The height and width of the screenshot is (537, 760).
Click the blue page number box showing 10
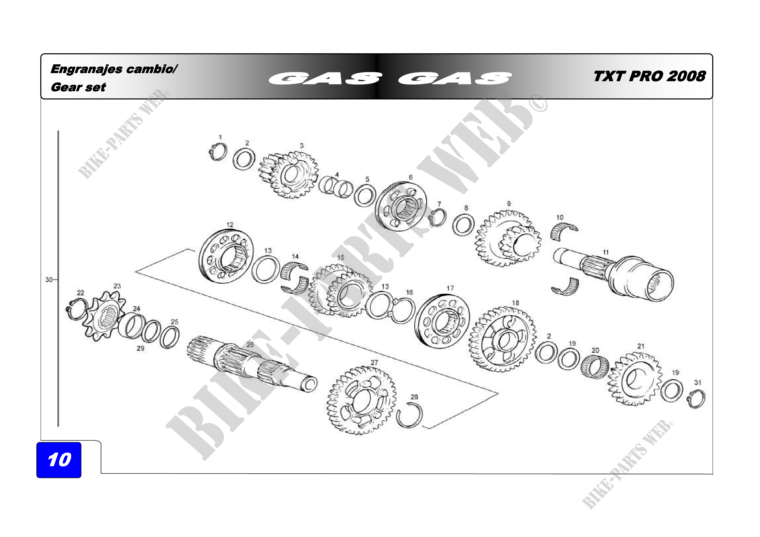[59, 460]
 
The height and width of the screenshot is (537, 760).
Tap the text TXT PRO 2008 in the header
[649, 76]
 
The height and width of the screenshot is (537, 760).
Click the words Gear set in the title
[78, 87]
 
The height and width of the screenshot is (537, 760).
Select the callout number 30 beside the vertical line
[49, 280]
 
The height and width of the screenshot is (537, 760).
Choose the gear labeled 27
[361, 400]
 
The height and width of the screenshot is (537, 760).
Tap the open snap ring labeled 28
[409, 416]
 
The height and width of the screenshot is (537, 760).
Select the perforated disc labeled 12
[226, 256]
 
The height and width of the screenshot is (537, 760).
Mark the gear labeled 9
[508, 239]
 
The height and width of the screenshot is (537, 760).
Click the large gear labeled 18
[502, 339]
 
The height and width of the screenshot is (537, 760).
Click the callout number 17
[450, 288]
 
